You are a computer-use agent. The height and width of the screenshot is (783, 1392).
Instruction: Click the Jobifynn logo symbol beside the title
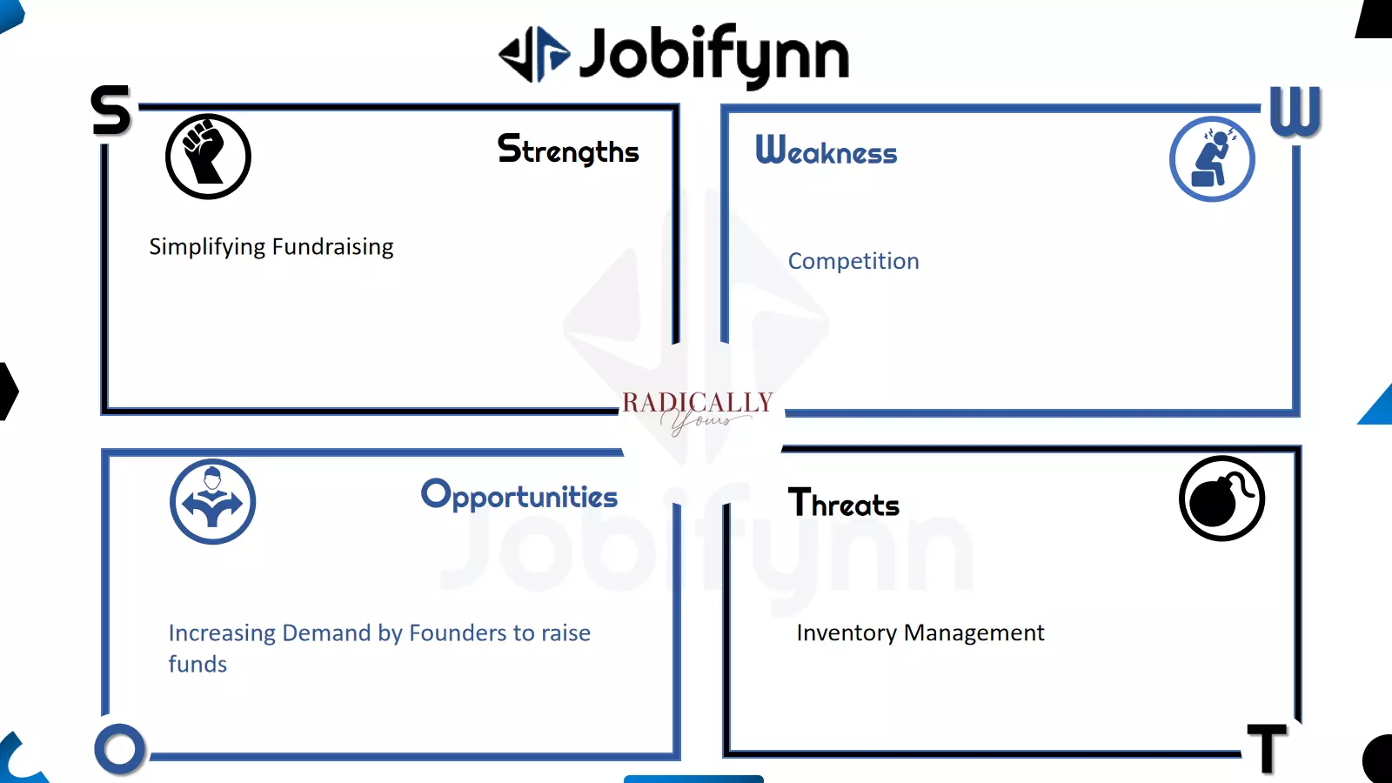(x=534, y=55)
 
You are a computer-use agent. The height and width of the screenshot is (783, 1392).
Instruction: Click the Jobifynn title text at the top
(x=714, y=56)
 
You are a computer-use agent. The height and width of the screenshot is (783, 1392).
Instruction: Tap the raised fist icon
(x=208, y=157)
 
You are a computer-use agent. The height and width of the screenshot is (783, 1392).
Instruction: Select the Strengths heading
(x=568, y=150)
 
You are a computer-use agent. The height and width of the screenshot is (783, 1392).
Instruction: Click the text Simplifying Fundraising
(x=271, y=247)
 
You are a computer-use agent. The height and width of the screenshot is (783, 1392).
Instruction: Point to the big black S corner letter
(x=111, y=110)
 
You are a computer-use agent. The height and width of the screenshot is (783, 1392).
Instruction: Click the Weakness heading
(x=826, y=151)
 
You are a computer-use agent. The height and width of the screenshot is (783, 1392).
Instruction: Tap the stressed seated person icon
(x=1212, y=159)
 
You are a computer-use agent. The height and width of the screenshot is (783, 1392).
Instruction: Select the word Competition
(x=853, y=261)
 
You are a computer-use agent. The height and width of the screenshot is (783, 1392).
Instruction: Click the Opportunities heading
(x=519, y=495)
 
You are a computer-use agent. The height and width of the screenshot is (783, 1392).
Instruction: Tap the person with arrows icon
(x=212, y=501)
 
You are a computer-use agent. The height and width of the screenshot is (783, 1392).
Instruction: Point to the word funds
(x=197, y=665)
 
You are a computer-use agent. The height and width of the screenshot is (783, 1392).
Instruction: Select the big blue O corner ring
(x=120, y=749)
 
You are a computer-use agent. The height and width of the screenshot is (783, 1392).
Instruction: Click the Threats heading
(x=843, y=503)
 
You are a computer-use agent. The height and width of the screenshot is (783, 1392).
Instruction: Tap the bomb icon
(x=1221, y=499)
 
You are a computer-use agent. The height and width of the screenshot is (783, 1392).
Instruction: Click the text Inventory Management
(x=920, y=632)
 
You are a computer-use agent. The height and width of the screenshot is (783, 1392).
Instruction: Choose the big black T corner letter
(x=1267, y=749)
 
